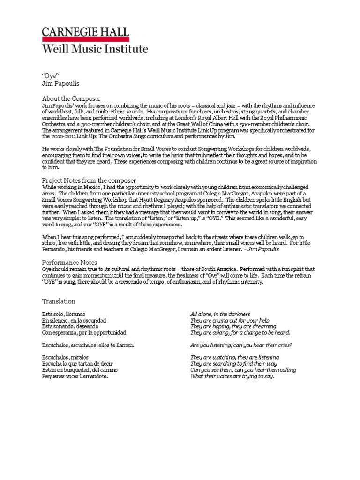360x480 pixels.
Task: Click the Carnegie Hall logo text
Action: [x=86, y=32]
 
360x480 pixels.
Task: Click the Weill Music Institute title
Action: [x=95, y=49]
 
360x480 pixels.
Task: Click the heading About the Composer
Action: [x=71, y=98]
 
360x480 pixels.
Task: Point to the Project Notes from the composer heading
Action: [x=89, y=180]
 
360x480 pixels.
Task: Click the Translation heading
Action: [x=59, y=301]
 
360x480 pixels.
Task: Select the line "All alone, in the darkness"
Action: [x=220, y=314]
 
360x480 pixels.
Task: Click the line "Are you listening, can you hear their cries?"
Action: [x=241, y=345]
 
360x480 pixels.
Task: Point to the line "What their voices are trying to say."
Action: [x=232, y=376]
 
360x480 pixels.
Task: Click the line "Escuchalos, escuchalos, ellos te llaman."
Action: [x=88, y=345]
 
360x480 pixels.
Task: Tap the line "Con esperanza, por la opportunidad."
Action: [x=85, y=332]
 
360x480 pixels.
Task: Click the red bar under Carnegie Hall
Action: [x=86, y=39]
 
